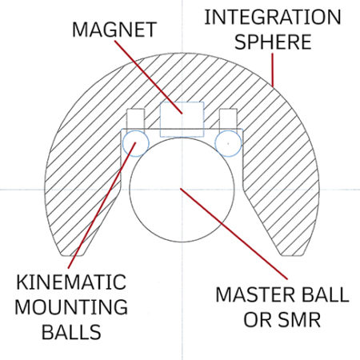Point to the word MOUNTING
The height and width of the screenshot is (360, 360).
65,306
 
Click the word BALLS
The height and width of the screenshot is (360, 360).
65,331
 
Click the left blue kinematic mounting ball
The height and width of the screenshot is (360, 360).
134,141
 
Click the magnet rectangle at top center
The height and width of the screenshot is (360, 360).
182,119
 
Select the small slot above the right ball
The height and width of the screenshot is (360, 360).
227,118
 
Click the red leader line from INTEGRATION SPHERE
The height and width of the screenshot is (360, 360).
268,72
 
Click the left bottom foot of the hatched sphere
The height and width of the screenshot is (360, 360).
72,244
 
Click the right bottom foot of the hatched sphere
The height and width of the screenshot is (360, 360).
292,244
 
